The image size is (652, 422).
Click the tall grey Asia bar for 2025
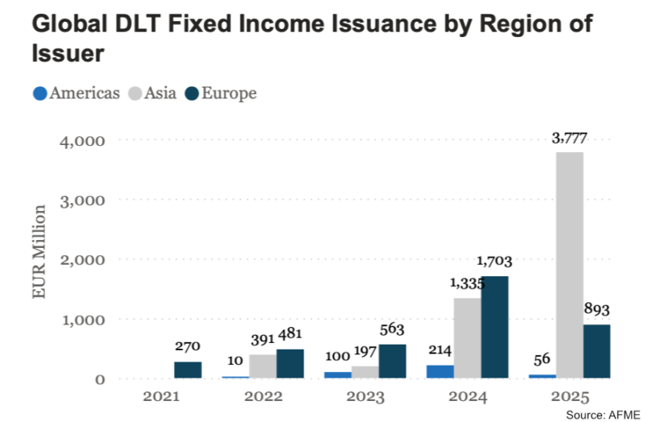(569, 265)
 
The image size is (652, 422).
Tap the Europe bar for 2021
(188, 370)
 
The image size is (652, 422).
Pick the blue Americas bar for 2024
(439, 371)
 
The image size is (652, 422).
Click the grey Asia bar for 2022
(262, 366)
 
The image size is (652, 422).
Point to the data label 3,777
(569, 139)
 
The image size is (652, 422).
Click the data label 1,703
(494, 262)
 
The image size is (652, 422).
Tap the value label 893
(596, 310)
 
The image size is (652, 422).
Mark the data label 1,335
(466, 283)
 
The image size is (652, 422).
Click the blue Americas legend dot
(39, 93)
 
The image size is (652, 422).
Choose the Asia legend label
(161, 93)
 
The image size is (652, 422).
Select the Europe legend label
(229, 93)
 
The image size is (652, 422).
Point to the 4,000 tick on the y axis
(83, 141)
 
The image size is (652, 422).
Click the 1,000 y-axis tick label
(83, 320)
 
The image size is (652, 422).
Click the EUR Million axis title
(39, 252)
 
